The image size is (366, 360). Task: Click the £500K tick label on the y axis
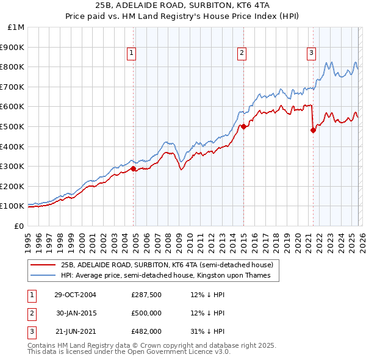coord(12,126)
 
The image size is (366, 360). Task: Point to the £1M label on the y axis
coord(15,27)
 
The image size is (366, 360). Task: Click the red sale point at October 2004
coord(134,168)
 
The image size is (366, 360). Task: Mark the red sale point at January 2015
coord(243,127)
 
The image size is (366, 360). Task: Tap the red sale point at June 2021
coord(313,129)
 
